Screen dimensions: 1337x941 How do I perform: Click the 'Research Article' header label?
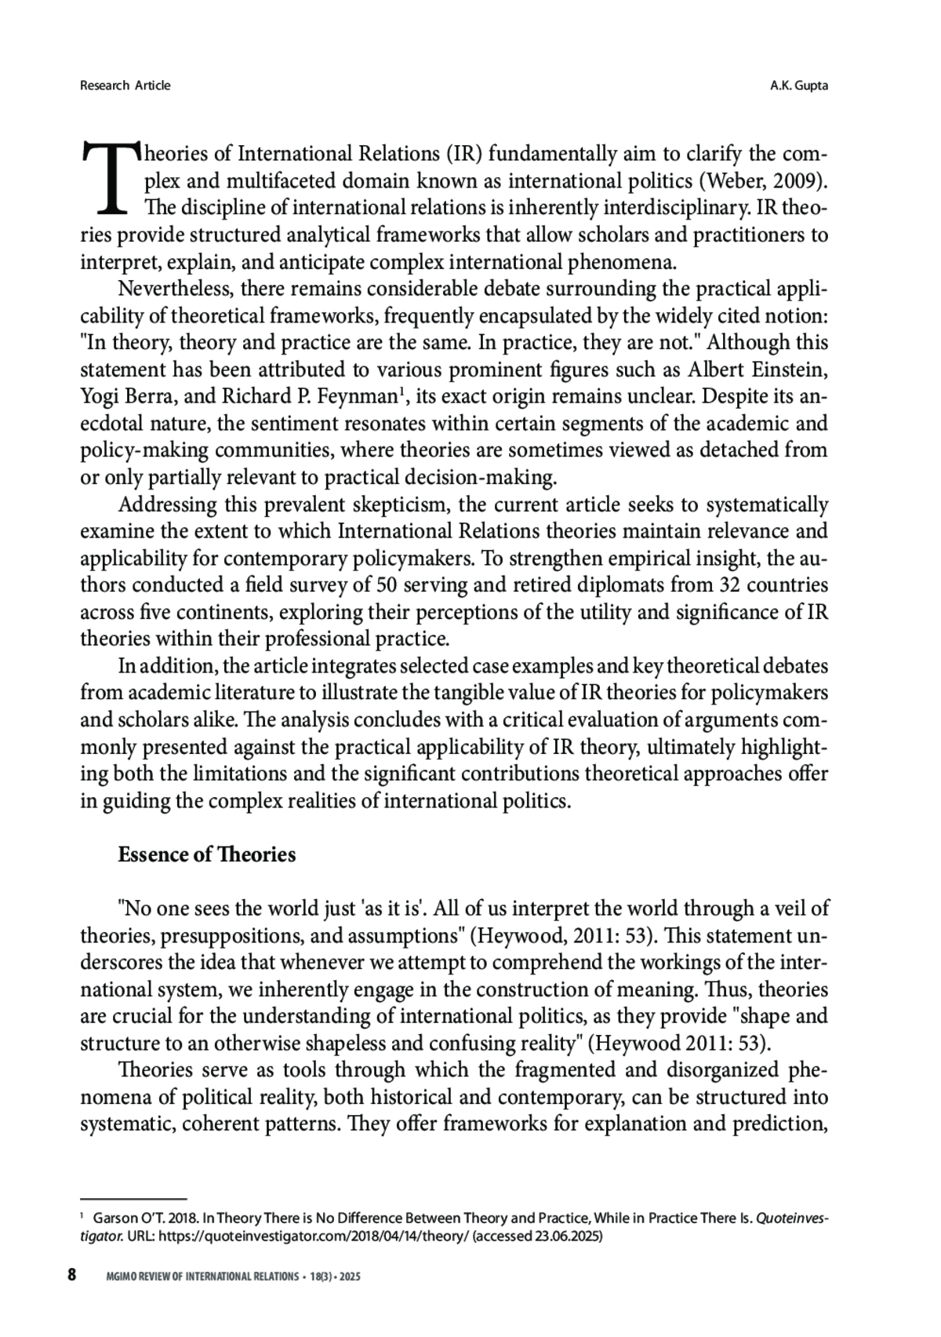(x=125, y=86)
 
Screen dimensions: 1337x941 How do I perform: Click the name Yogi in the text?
(x=99, y=396)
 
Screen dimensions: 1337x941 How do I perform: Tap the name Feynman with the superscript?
(x=365, y=396)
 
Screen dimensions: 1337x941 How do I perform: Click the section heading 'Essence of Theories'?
(x=207, y=854)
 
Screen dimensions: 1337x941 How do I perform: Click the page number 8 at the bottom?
(x=71, y=1275)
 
